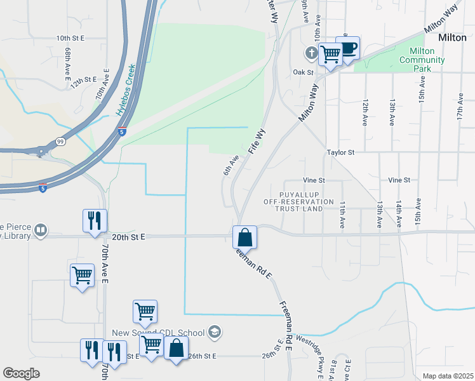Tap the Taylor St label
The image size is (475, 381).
click(340, 152)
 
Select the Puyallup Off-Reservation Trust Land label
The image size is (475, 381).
click(299, 201)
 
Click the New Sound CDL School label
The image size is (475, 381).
click(158, 333)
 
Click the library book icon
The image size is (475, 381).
click(41, 230)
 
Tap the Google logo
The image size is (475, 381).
click(21, 373)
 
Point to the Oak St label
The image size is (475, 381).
click(303, 72)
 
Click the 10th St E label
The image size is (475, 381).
click(70, 38)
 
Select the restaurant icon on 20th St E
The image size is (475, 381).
click(93, 220)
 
